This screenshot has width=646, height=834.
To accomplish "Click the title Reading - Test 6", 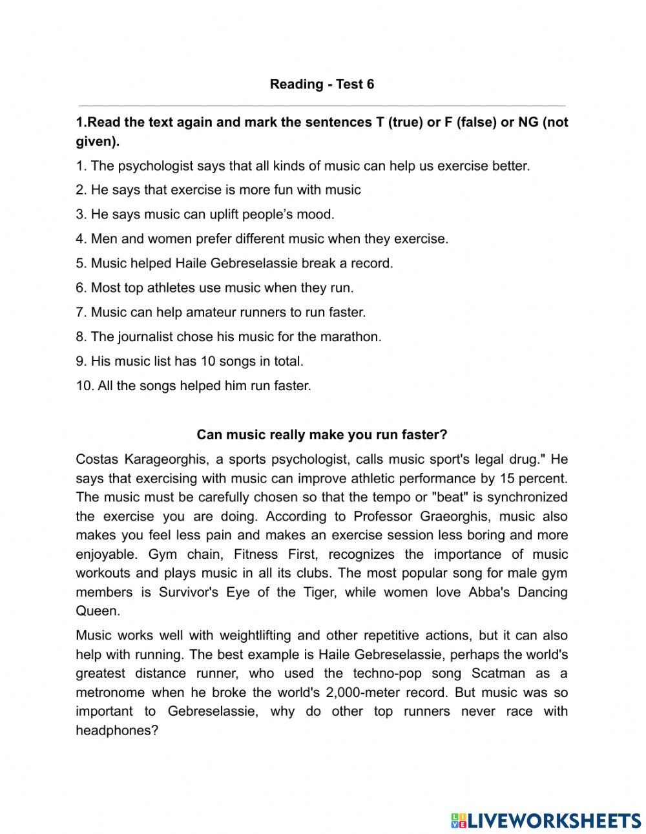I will click(x=322, y=84).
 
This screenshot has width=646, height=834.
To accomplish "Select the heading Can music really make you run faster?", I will click(x=322, y=435).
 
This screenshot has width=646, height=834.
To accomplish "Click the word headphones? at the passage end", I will click(x=117, y=730).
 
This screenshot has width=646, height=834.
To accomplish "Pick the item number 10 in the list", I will click(x=83, y=386).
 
